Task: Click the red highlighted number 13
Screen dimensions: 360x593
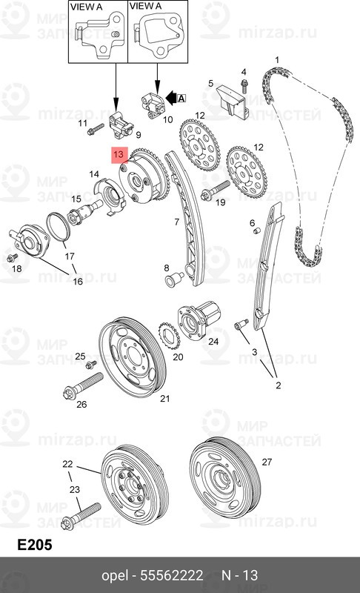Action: coord(119,154)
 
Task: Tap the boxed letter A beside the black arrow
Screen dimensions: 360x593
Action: coord(181,99)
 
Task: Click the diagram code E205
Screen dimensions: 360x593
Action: coord(35,545)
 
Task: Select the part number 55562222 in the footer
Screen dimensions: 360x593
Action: coord(172,576)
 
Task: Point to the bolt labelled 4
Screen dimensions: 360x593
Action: coord(244,85)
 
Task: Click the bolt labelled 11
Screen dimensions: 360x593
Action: coord(96,129)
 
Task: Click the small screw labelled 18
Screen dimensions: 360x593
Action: coord(12,257)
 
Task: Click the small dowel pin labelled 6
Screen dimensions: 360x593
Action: coord(257,231)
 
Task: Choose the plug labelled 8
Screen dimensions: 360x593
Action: coord(174,279)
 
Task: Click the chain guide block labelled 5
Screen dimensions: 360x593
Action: coord(231,100)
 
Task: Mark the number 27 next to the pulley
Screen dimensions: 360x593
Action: coord(267,462)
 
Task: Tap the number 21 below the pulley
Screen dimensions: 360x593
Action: coord(164,398)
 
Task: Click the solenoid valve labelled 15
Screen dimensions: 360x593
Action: coord(84,212)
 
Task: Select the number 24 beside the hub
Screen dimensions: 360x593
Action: coord(213,341)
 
